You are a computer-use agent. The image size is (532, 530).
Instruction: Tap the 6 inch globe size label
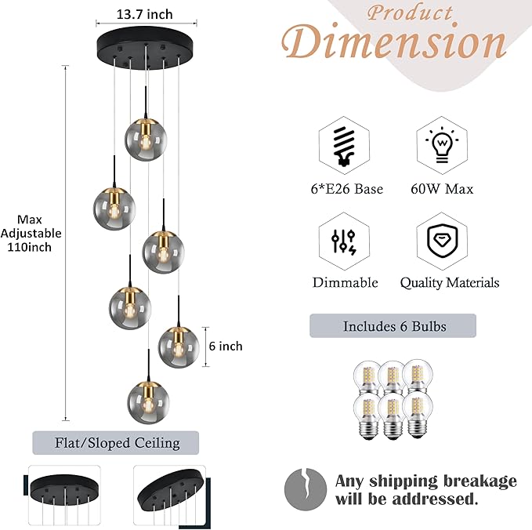[x=226, y=346]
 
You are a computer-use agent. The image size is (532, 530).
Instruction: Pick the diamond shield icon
[x=442, y=241]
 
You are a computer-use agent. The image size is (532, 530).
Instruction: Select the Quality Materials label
[x=450, y=282]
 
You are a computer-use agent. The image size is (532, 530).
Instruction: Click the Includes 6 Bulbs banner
[x=393, y=325]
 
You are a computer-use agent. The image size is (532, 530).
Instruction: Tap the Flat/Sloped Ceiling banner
[x=116, y=443]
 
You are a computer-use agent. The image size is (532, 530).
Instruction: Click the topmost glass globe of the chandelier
[x=146, y=138]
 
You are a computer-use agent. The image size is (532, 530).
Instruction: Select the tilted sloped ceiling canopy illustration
[x=171, y=490]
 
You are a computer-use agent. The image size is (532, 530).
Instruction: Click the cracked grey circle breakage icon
[x=302, y=489]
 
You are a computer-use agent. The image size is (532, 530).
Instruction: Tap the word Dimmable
[x=346, y=282]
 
